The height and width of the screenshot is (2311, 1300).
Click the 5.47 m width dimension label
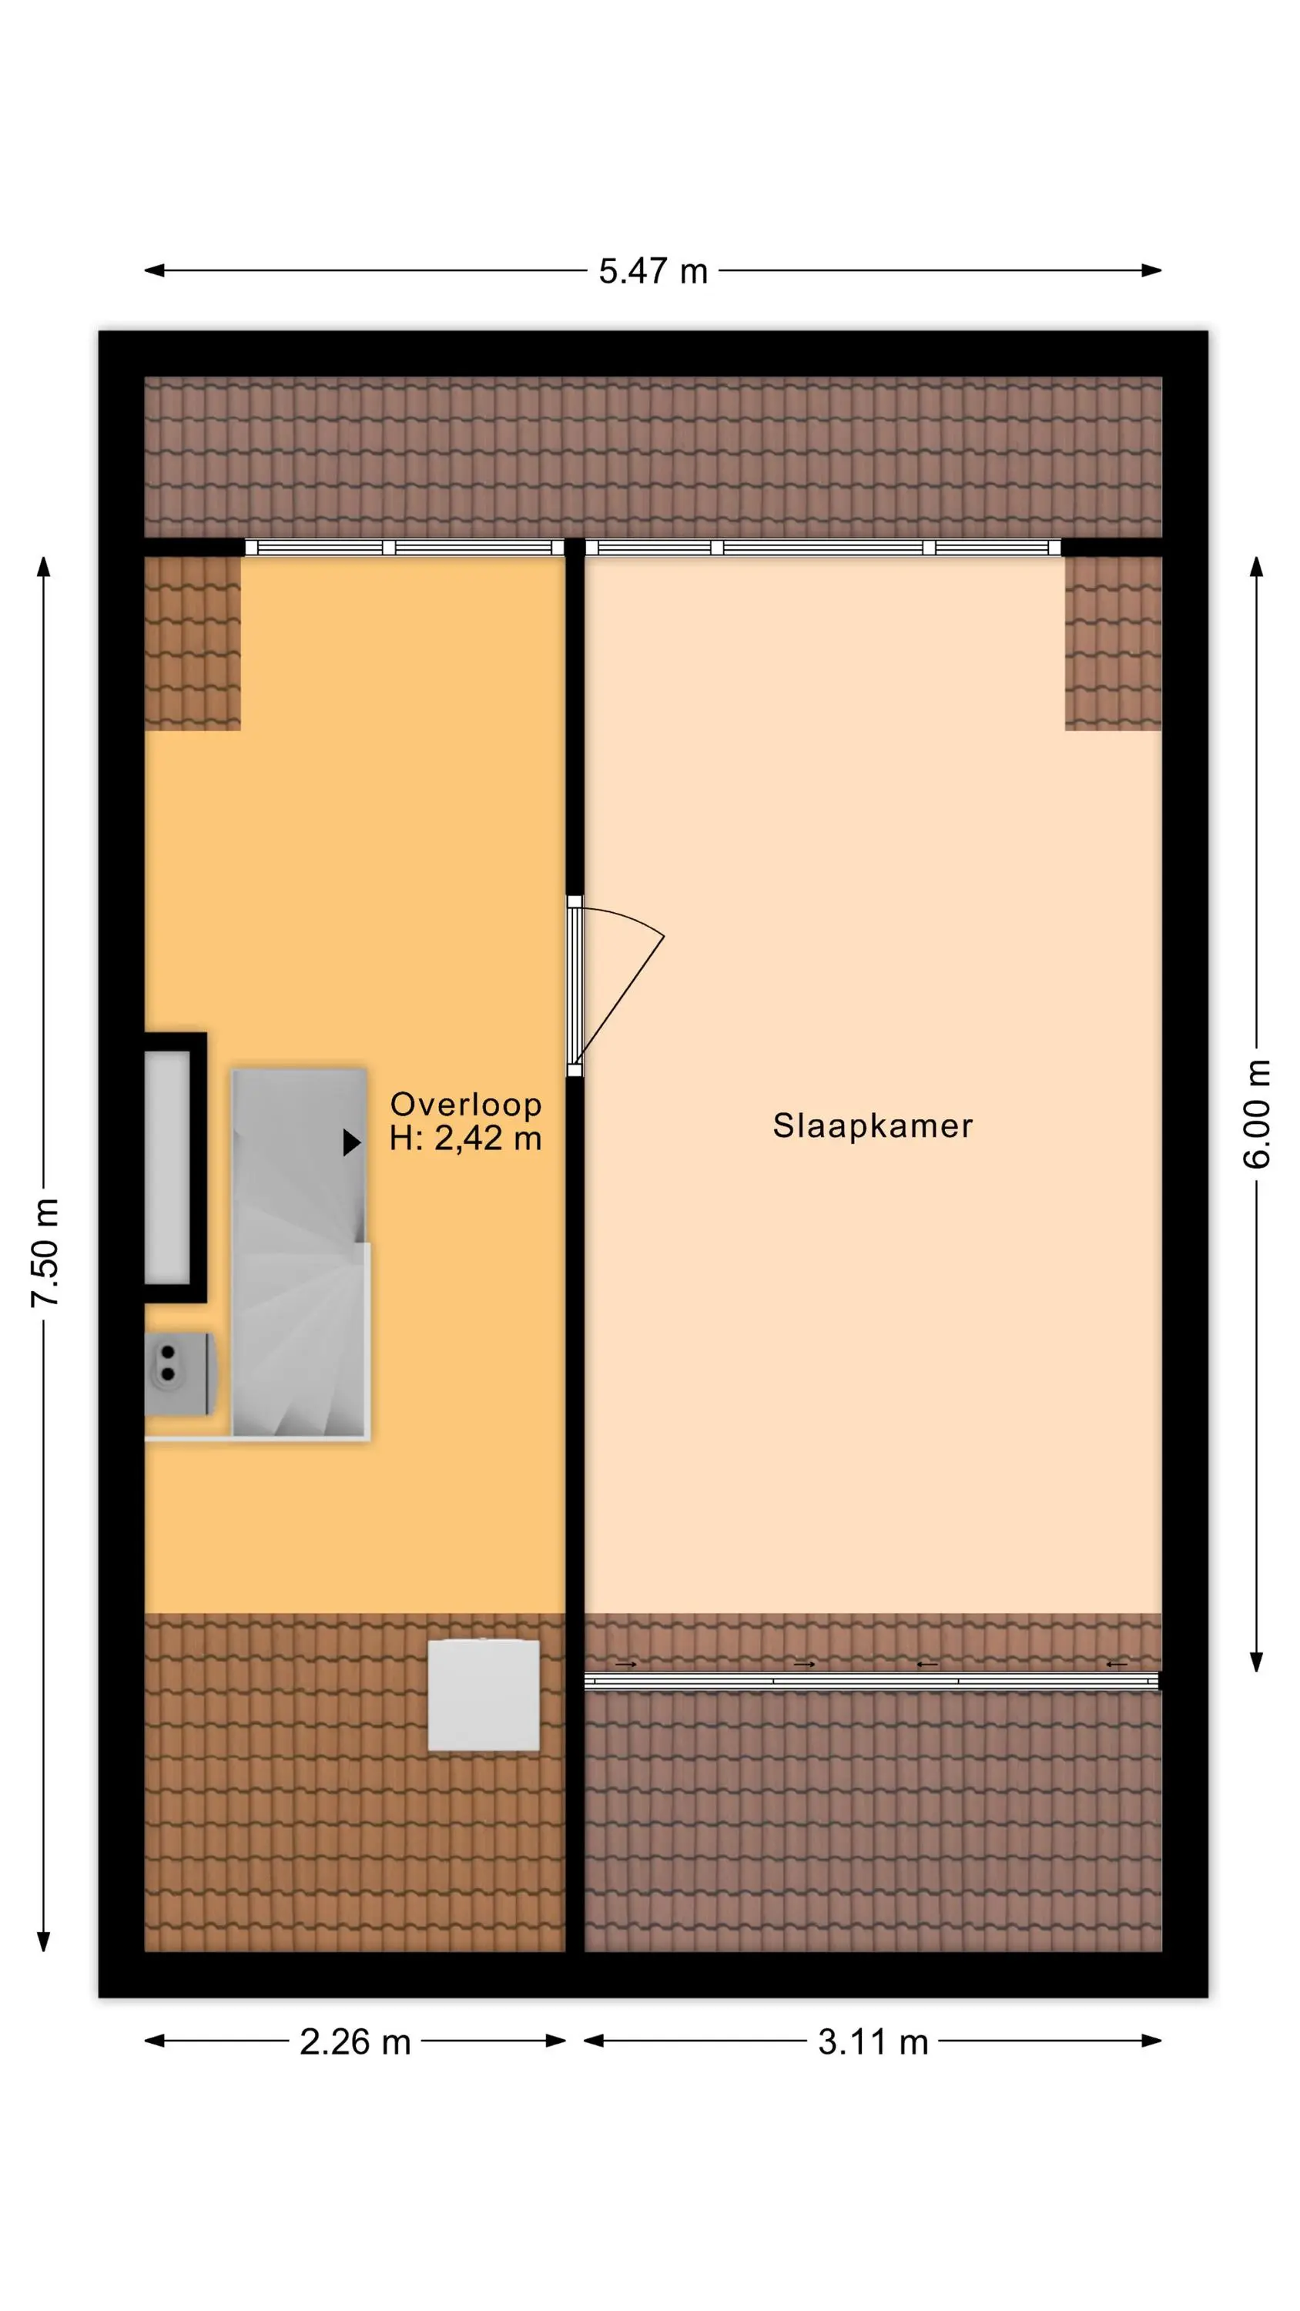[652, 271]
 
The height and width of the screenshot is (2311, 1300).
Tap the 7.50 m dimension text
[45, 1252]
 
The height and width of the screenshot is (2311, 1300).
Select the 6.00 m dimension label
[1256, 1113]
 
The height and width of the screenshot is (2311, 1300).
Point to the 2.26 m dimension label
[354, 2042]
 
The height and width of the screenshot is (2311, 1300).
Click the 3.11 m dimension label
[872, 2042]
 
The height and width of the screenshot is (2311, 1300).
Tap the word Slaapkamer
[872, 1125]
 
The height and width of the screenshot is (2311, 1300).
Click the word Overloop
[466, 1105]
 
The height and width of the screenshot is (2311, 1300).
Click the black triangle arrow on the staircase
[352, 1142]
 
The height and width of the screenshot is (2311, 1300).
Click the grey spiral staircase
[300, 1253]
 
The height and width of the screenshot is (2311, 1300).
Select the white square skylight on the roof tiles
[484, 1695]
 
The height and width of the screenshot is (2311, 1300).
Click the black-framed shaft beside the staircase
[176, 1167]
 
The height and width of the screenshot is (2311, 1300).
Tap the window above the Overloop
[404, 547]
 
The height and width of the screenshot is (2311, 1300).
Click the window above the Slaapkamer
[823, 547]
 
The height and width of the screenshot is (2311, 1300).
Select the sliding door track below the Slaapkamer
[871, 1679]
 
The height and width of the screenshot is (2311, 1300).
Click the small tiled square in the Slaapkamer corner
[1114, 643]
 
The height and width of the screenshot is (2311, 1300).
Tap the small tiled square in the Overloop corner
[193, 643]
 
